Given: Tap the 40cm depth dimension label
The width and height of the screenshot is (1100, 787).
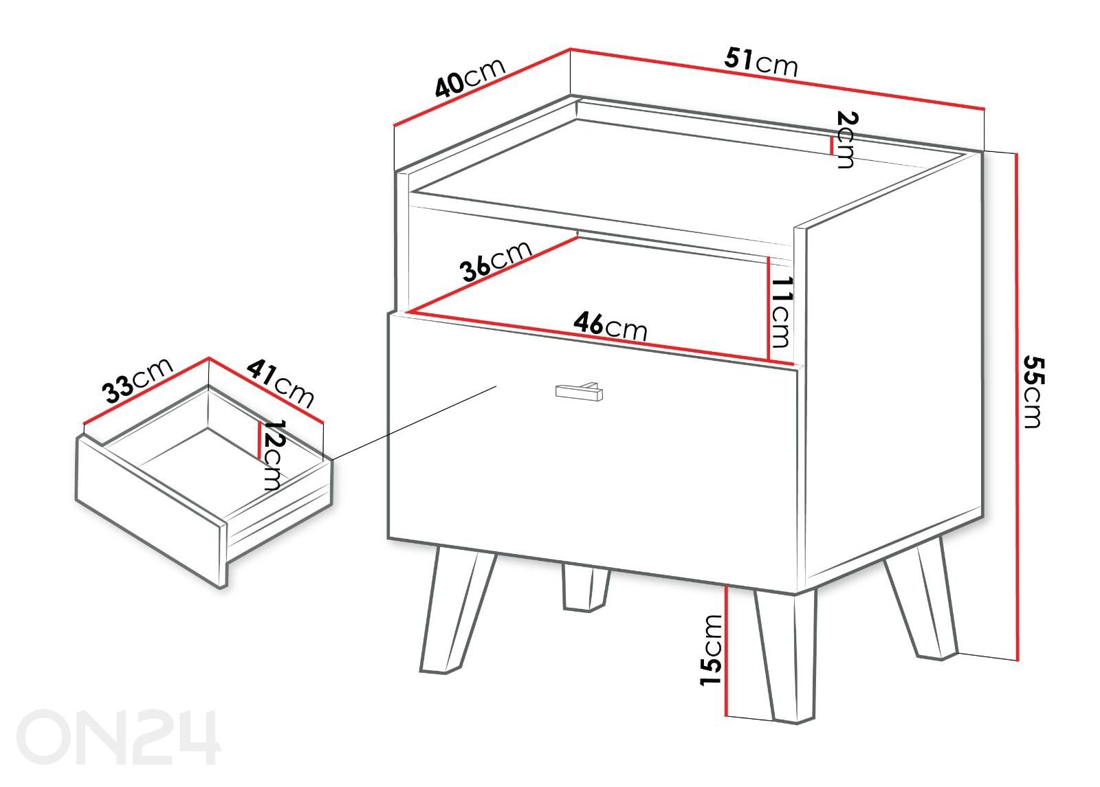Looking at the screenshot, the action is (470, 78).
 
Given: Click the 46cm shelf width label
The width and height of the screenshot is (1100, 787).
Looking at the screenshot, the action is (610, 325).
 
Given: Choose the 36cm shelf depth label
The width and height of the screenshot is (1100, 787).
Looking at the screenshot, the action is (496, 261).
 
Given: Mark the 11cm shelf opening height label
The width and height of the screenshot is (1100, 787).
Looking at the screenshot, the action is (781, 312).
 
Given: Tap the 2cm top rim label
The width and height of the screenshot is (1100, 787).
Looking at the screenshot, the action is (846, 140).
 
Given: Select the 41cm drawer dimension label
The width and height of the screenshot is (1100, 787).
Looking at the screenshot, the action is (279, 384).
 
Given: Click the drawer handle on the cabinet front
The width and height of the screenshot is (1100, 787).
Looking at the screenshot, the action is (579, 391).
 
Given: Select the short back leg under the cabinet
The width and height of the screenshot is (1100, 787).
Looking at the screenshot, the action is (585, 588).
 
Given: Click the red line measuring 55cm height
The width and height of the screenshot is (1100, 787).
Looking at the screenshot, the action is (1017, 406).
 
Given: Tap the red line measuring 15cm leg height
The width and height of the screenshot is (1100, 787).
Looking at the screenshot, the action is (725, 650).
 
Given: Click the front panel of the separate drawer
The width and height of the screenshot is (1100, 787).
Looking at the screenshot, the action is (151, 511).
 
